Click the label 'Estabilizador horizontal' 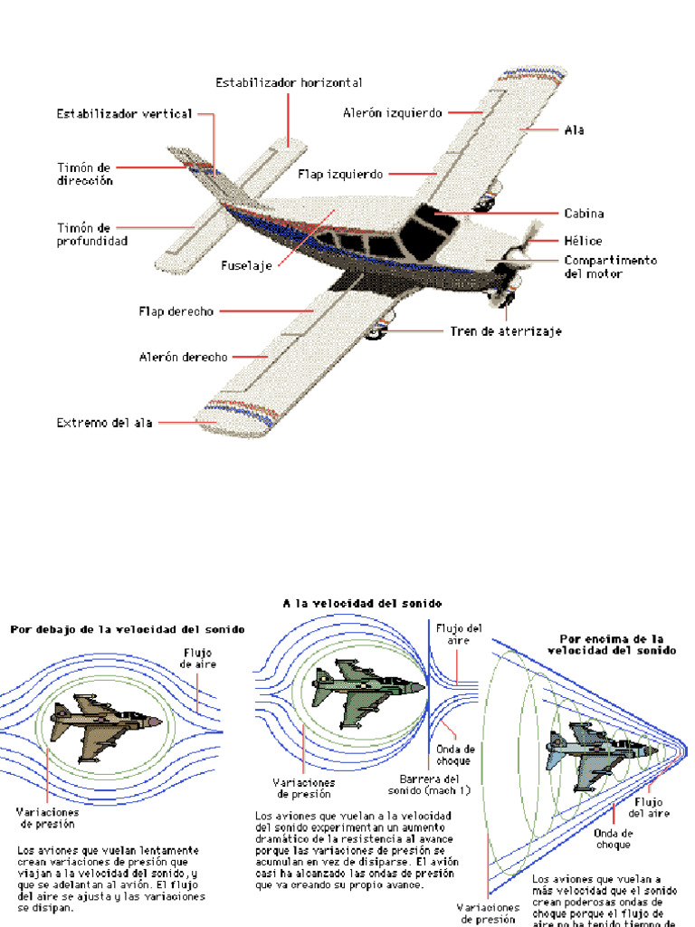pyautogui.click(x=289, y=82)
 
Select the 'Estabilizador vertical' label pyautogui.click(x=125, y=114)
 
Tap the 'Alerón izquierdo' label pyautogui.click(x=393, y=113)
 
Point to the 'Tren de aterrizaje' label pyautogui.click(x=506, y=331)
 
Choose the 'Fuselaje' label pyautogui.click(x=247, y=266)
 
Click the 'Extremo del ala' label pyautogui.click(x=105, y=422)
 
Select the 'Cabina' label pyautogui.click(x=584, y=214)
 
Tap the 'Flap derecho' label pyautogui.click(x=176, y=311)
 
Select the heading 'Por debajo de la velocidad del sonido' pyautogui.click(x=127, y=629)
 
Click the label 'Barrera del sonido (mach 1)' pyautogui.click(x=435, y=784)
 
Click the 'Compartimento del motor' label pyautogui.click(x=610, y=266)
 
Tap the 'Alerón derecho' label pyautogui.click(x=184, y=357)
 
